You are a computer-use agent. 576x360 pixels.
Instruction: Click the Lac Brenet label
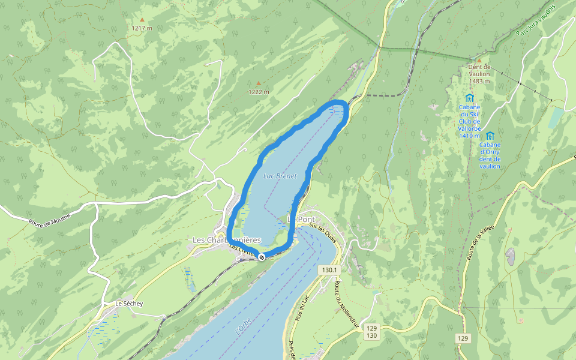[280, 176]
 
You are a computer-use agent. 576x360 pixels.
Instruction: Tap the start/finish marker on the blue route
[262, 257]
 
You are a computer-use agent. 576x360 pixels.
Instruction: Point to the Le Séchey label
[129, 304]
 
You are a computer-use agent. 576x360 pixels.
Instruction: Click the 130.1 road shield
[329, 271]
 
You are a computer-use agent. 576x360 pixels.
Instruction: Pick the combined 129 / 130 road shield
[372, 332]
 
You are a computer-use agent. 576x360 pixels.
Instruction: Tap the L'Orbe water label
[242, 328]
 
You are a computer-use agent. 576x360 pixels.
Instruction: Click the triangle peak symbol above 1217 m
[142, 20]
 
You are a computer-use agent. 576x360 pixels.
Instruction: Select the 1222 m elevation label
[259, 92]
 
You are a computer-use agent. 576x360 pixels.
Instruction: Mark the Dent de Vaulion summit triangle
[479, 60]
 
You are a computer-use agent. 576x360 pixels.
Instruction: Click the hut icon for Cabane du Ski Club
[469, 98]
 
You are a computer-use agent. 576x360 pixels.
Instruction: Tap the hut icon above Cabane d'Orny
[490, 136]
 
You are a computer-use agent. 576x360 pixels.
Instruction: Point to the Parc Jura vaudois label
[536, 21]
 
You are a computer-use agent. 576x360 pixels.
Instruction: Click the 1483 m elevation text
[479, 81]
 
